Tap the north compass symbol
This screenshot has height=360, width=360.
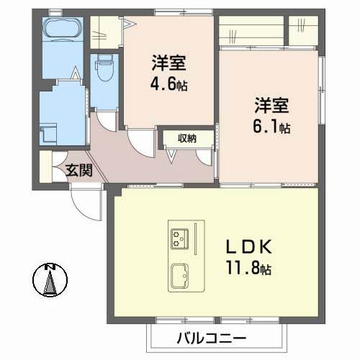coord(49,280)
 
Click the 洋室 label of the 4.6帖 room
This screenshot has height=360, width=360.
coord(168,63)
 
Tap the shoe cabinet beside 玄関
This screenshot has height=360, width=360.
coord(47,168)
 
